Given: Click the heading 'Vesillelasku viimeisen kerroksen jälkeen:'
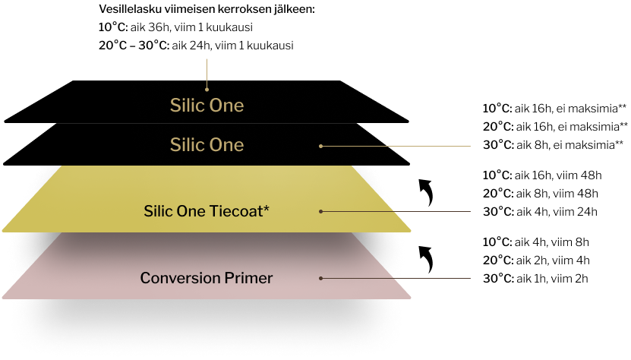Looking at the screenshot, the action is pos(207,9).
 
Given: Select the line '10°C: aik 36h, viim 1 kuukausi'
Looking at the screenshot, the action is pos(175,27).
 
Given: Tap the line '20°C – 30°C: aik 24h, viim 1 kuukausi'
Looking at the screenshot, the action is pos(196,45).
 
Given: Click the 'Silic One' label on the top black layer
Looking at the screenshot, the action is pos(207,105).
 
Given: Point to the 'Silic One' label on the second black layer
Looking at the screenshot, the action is pos(207,144).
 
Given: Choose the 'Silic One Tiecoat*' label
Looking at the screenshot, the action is pos(207,211).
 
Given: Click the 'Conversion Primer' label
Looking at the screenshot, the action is pos(207,278).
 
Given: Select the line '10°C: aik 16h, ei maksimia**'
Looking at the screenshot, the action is pos(554,109).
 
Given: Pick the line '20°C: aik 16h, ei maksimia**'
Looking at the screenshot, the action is pos(555,126).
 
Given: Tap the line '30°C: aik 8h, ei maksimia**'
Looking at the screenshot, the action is pos(554,144).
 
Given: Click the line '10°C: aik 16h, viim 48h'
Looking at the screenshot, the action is pos(542,175).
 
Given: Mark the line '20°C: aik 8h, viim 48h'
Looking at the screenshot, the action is pos(541,193).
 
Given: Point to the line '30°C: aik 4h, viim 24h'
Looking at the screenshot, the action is pos(540,211).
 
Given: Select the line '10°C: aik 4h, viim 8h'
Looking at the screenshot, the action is pos(535,242).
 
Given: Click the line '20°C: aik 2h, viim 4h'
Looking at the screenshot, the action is pos(536,261).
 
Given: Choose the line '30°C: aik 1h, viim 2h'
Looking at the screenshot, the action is pos(535,278).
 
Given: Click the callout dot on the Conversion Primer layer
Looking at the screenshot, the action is pos(320,278).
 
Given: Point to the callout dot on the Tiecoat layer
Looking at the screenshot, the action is pos(320,211).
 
